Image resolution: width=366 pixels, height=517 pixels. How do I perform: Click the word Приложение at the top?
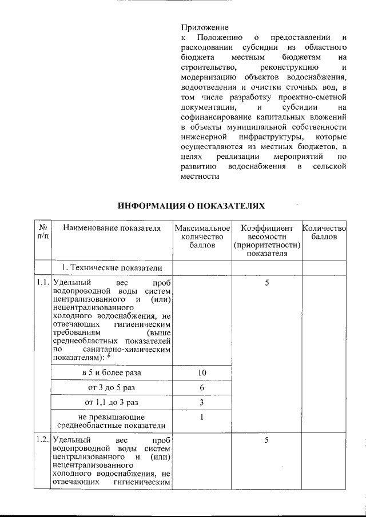pos(204,27)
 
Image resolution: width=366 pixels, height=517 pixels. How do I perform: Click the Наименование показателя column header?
pos(112,229)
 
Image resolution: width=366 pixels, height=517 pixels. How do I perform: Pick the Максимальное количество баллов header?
pos(202,237)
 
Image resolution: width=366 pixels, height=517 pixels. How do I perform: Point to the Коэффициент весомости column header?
pos(266,241)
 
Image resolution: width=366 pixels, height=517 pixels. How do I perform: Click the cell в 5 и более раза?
pos(112,372)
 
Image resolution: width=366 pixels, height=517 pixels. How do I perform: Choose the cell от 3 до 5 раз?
pos(112,387)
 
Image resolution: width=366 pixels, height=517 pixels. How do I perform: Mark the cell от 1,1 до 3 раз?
pos(112,402)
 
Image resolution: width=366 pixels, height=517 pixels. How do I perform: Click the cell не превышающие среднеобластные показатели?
pos(112,421)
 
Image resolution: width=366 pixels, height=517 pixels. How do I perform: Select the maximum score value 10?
pos(202,372)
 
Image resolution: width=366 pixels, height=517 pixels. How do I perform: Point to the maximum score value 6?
pos(202,387)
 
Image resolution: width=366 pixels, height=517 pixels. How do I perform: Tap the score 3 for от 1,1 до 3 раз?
pos(202,402)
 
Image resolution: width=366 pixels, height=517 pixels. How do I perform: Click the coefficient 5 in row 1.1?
pos(266,283)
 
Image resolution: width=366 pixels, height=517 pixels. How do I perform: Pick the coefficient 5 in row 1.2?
pos(266,440)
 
